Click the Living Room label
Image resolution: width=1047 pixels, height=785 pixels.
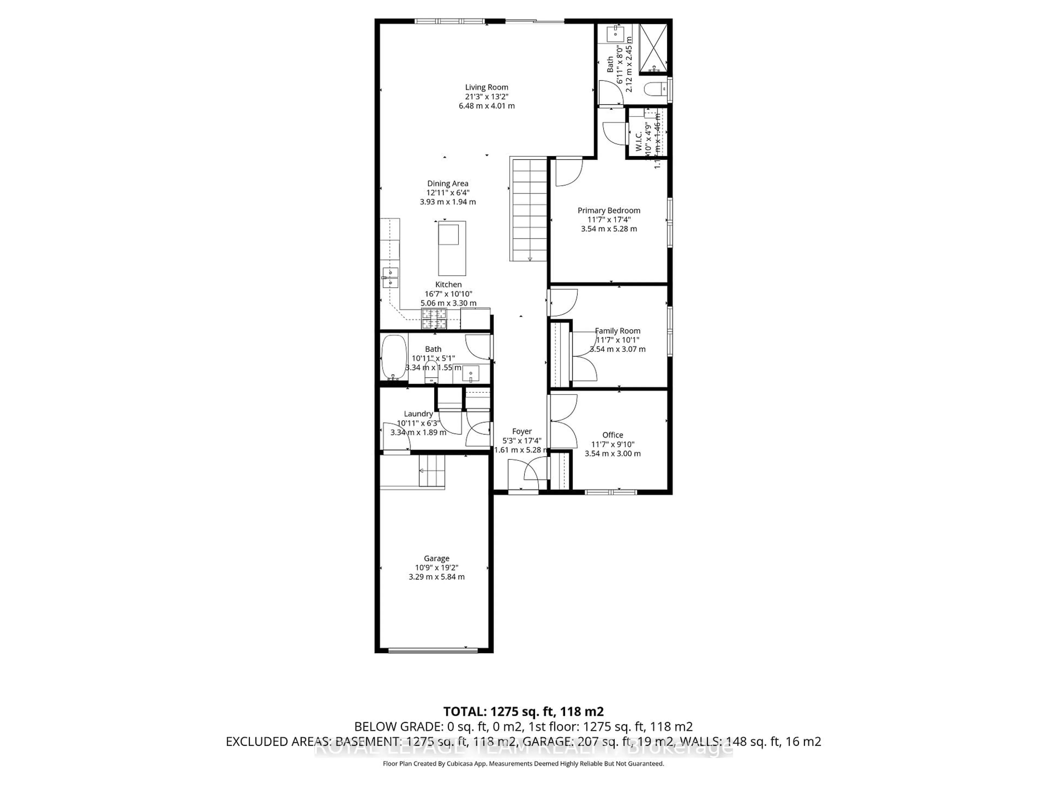[x=487, y=87]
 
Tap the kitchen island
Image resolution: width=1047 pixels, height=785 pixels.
[x=452, y=248]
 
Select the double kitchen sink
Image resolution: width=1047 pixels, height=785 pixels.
[x=390, y=278]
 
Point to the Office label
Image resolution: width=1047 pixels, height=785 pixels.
[x=612, y=435]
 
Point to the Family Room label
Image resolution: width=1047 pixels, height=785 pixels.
[x=617, y=331]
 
